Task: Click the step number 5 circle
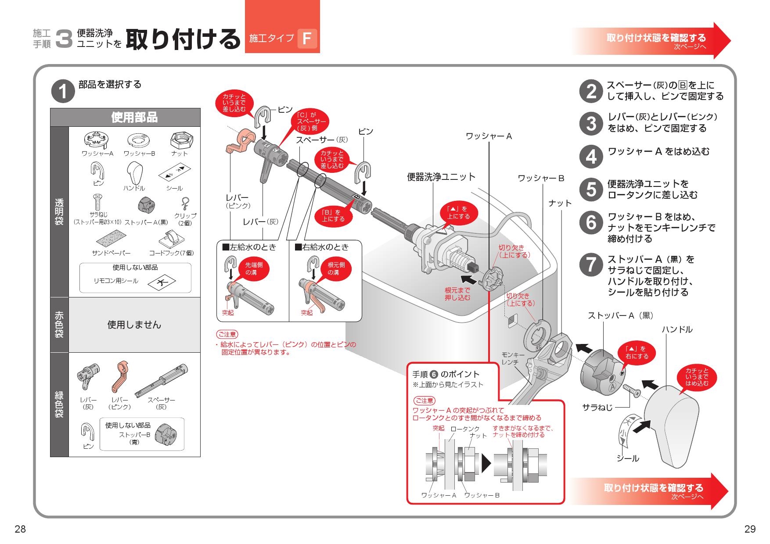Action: (x=591, y=190)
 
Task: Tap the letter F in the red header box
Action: (x=307, y=39)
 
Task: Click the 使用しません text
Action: (x=134, y=325)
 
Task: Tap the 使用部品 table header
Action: (x=134, y=117)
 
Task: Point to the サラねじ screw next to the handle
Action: (x=631, y=389)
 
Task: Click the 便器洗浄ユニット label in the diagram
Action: (x=441, y=177)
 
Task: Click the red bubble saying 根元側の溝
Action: (x=336, y=268)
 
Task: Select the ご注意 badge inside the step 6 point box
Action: (x=424, y=401)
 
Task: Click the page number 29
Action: (x=750, y=529)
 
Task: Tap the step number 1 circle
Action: (x=63, y=92)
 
